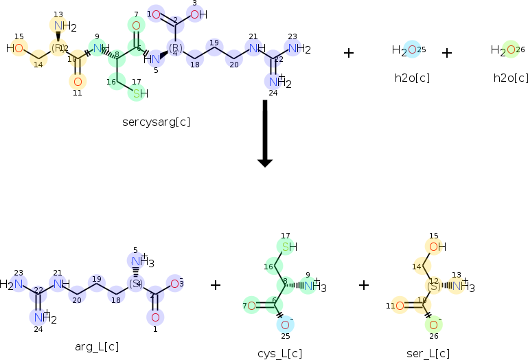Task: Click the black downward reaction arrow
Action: coord(264,133)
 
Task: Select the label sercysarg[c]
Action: coord(157,122)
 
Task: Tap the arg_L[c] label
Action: coord(93,347)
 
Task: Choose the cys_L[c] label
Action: coord(279,353)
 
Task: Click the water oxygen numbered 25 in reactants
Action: coord(411,49)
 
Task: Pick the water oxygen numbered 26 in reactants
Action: coord(510,49)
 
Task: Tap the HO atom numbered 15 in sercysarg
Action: coord(17,49)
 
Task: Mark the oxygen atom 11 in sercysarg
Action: coord(77,81)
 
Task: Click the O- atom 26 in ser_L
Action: coord(433,324)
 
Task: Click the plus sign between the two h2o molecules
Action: coord(447,53)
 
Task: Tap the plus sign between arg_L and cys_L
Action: coord(216,284)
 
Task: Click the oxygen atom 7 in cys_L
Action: coord(252,305)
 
